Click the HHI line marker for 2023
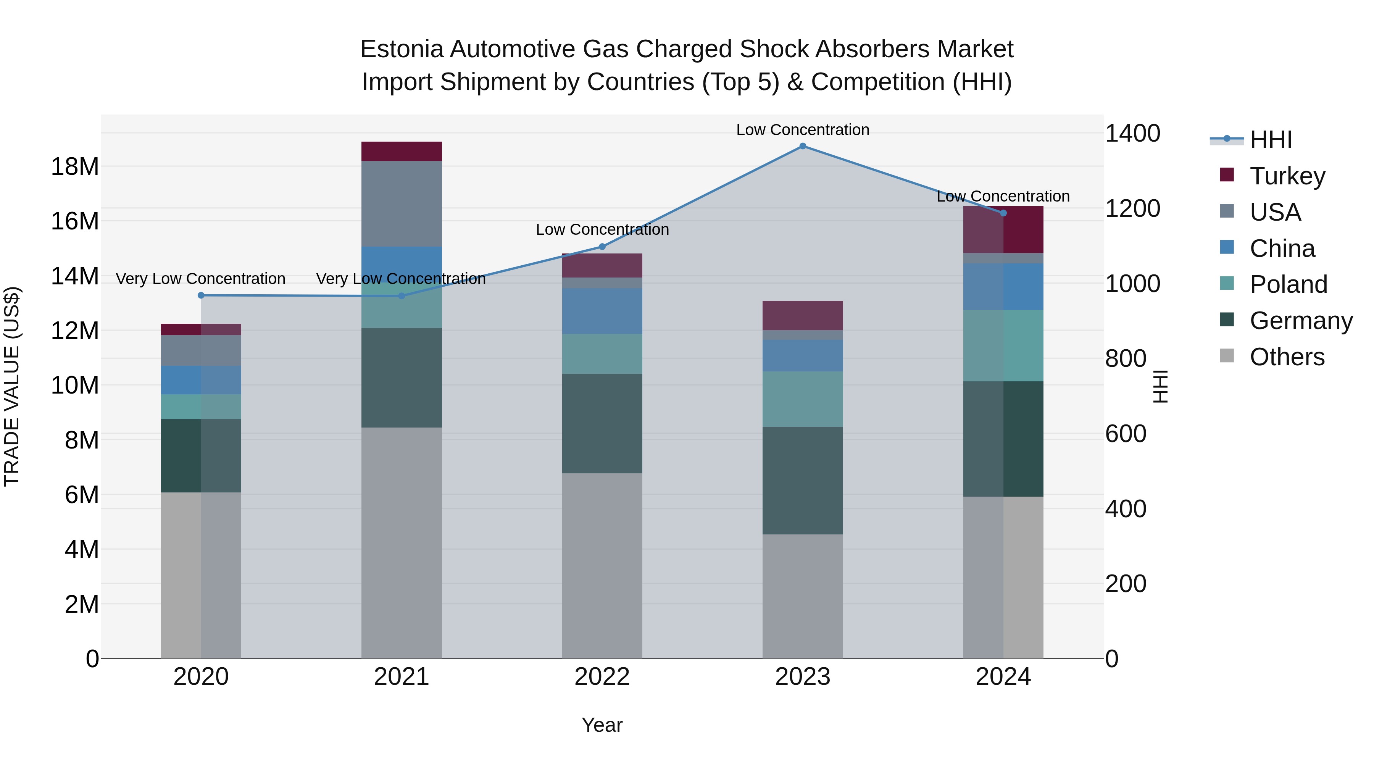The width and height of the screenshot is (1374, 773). tap(802, 146)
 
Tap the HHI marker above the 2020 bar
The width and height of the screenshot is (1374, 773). tap(201, 295)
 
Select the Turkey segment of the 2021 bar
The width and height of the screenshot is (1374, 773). tap(401, 152)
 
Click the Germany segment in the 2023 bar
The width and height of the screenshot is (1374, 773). tap(802, 480)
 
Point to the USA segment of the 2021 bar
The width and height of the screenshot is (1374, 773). tap(401, 204)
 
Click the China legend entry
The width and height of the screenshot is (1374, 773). tap(1282, 249)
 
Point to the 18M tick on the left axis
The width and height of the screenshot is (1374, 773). tap(75, 167)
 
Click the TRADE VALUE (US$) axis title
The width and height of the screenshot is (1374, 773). tap(12, 386)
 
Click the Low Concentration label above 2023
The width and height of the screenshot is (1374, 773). tap(802, 130)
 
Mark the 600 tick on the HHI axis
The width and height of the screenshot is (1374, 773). tap(1126, 434)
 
